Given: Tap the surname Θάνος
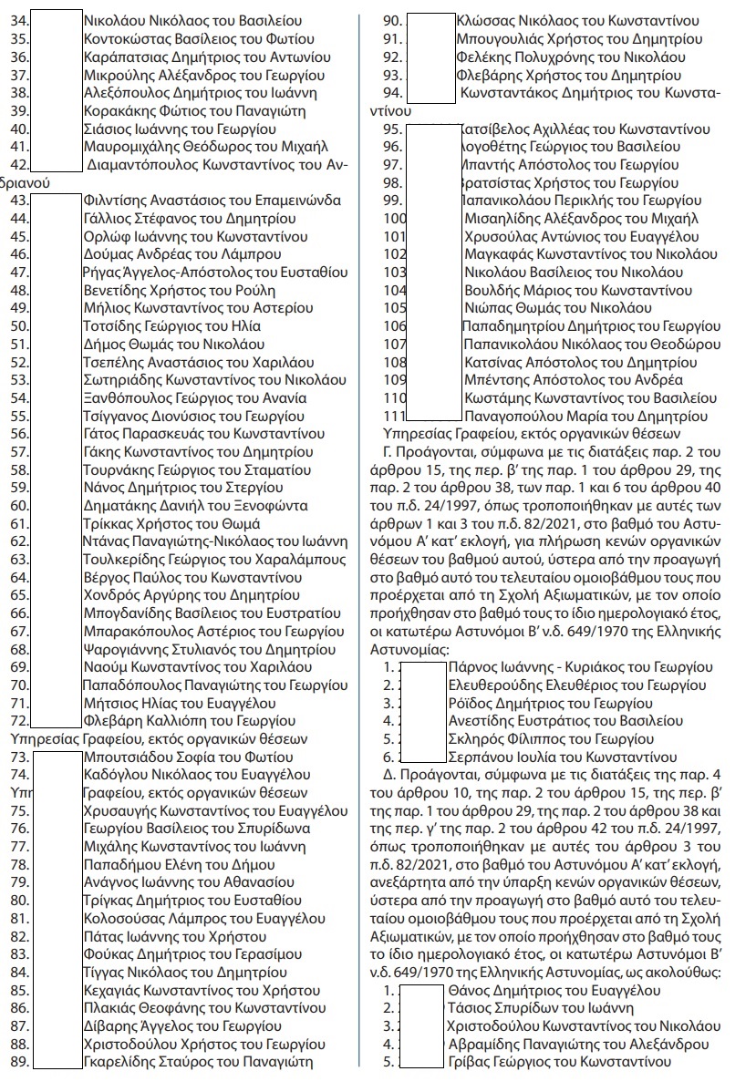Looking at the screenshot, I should pos(469,990).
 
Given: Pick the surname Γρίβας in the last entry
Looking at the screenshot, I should pos(468,1062).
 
